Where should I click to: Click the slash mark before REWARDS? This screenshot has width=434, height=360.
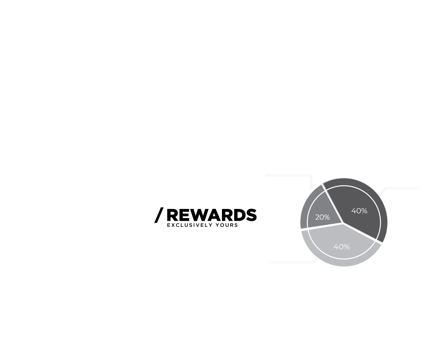tap(159, 215)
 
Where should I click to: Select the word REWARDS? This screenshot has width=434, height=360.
tap(212, 215)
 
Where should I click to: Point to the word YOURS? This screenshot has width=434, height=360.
tap(227, 225)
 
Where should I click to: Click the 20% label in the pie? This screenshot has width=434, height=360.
tap(323, 217)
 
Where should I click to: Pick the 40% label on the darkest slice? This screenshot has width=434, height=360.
tap(359, 211)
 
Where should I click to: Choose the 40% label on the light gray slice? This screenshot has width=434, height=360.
tap(342, 247)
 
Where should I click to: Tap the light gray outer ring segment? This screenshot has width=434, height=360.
tap(344, 263)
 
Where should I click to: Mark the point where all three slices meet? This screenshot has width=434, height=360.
tap(343, 223)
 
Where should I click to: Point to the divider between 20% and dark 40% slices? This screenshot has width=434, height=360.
tap(333, 203)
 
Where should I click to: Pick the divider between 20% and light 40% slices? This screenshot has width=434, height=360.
tap(322, 226)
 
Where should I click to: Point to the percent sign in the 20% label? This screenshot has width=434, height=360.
tap(327, 217)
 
